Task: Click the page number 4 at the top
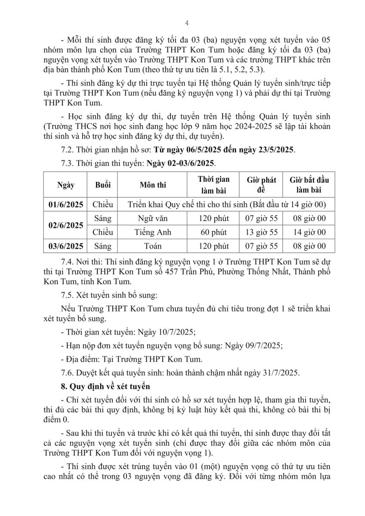(x=186, y=23)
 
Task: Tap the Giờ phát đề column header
(x=261, y=185)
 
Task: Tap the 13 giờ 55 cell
(x=261, y=232)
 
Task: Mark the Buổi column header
(x=103, y=185)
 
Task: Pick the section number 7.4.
(x=69, y=262)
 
